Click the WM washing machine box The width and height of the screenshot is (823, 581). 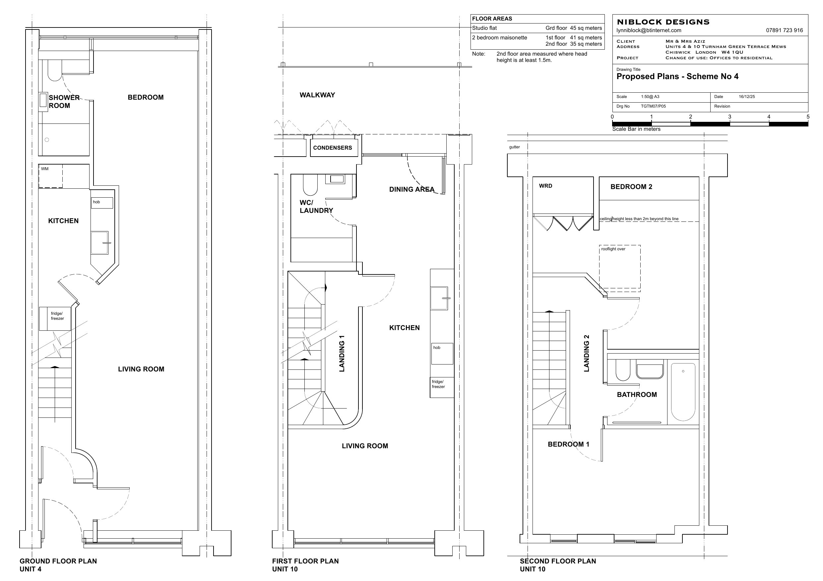[50, 176]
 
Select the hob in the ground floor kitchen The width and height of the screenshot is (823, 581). [102, 203]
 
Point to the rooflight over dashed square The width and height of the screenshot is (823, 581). [620, 267]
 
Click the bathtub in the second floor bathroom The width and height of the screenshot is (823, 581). [682, 392]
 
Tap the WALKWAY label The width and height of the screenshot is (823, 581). [317, 95]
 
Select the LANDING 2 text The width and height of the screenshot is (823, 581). [587, 353]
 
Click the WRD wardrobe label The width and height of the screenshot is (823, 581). [545, 186]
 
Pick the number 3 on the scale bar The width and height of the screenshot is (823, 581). [729, 117]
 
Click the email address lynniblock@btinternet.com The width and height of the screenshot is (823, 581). [649, 31]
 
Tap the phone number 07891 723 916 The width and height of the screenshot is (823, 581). [784, 31]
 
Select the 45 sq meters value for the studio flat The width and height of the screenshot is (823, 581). [586, 28]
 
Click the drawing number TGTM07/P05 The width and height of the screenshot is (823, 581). [653, 106]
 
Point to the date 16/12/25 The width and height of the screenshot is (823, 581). [747, 97]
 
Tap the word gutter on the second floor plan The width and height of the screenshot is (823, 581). [514, 147]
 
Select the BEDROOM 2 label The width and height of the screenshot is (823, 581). [631, 187]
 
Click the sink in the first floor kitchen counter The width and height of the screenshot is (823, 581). [439, 298]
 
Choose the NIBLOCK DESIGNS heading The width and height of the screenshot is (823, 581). [663, 22]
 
